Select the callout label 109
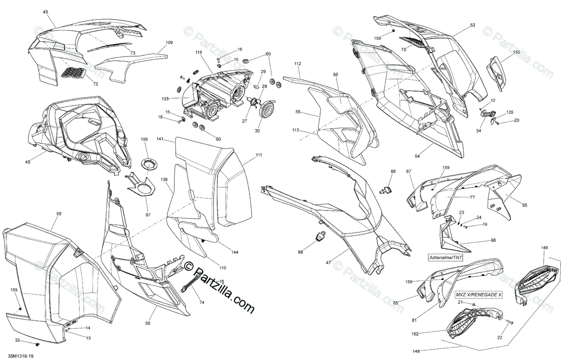169,43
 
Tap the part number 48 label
28,162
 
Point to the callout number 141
160,139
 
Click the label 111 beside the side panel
259,155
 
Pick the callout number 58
58,214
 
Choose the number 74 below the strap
201,302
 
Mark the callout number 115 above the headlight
199,52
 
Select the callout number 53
472,25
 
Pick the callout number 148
416,351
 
